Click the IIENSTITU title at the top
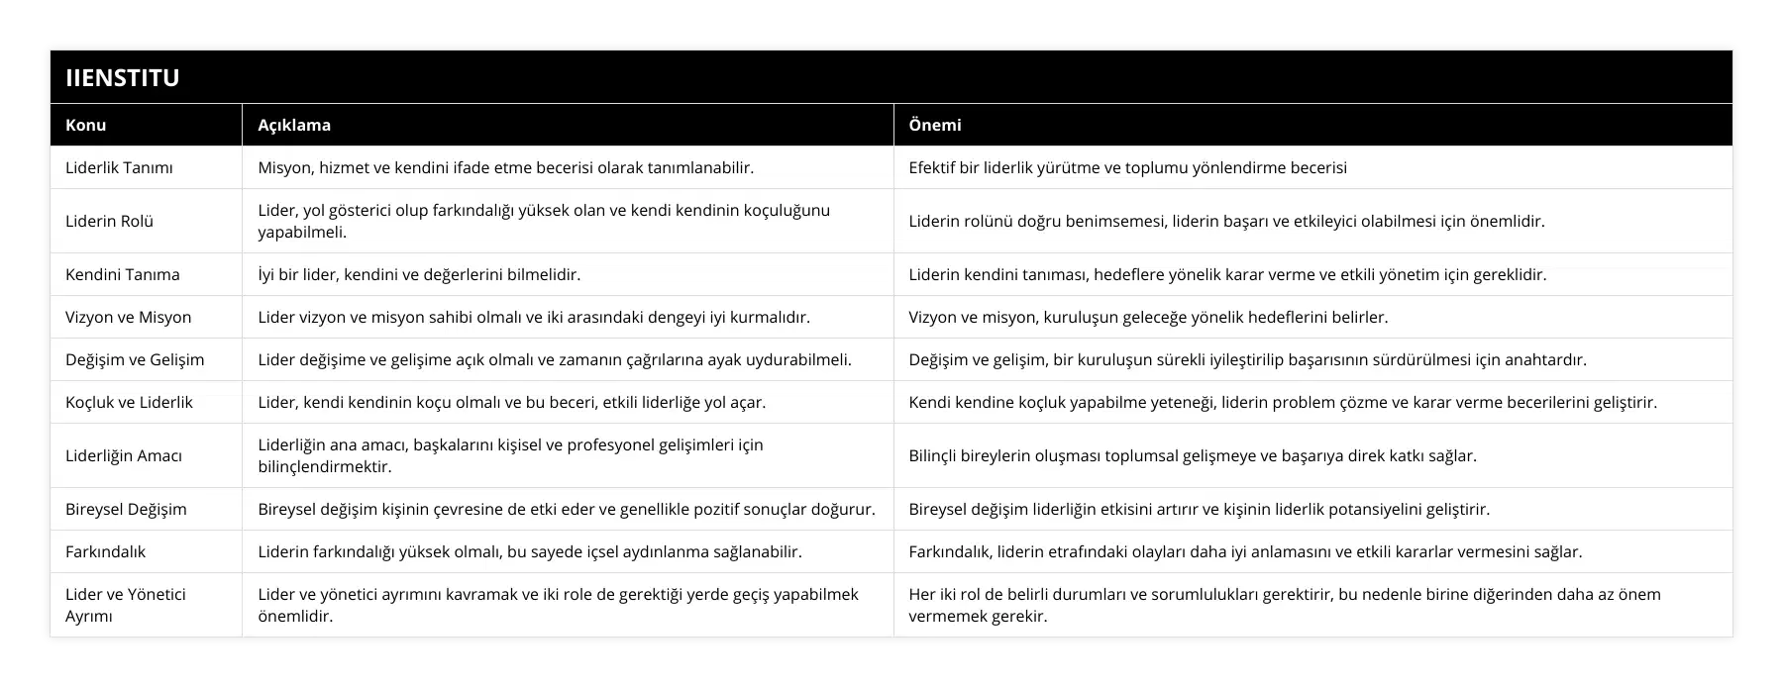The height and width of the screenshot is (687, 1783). (123, 78)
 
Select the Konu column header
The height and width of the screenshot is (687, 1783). (86, 125)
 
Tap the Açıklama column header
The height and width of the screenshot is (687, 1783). (294, 125)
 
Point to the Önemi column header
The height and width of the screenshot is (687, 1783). (935, 125)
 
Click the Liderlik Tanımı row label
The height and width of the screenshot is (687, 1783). (119, 167)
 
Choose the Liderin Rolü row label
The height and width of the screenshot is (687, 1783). (109, 221)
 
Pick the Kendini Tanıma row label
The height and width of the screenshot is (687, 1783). (123, 274)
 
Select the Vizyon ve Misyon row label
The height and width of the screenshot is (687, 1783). (129, 317)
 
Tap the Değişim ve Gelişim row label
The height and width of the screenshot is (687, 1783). (135, 359)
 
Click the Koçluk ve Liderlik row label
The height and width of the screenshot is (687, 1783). (129, 402)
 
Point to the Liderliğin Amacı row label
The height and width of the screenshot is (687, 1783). (124, 455)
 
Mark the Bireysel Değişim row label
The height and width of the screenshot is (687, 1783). (126, 509)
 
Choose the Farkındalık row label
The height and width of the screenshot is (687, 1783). (106, 551)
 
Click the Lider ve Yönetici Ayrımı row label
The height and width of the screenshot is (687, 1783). (126, 605)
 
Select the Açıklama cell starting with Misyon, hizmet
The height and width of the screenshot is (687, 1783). (506, 167)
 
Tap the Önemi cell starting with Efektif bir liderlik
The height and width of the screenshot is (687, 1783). (1128, 167)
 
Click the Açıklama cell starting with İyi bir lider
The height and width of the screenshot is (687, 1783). (419, 274)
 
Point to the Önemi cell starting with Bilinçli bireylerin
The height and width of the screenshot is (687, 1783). (1193, 455)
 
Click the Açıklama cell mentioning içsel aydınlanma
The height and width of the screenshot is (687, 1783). (530, 551)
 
